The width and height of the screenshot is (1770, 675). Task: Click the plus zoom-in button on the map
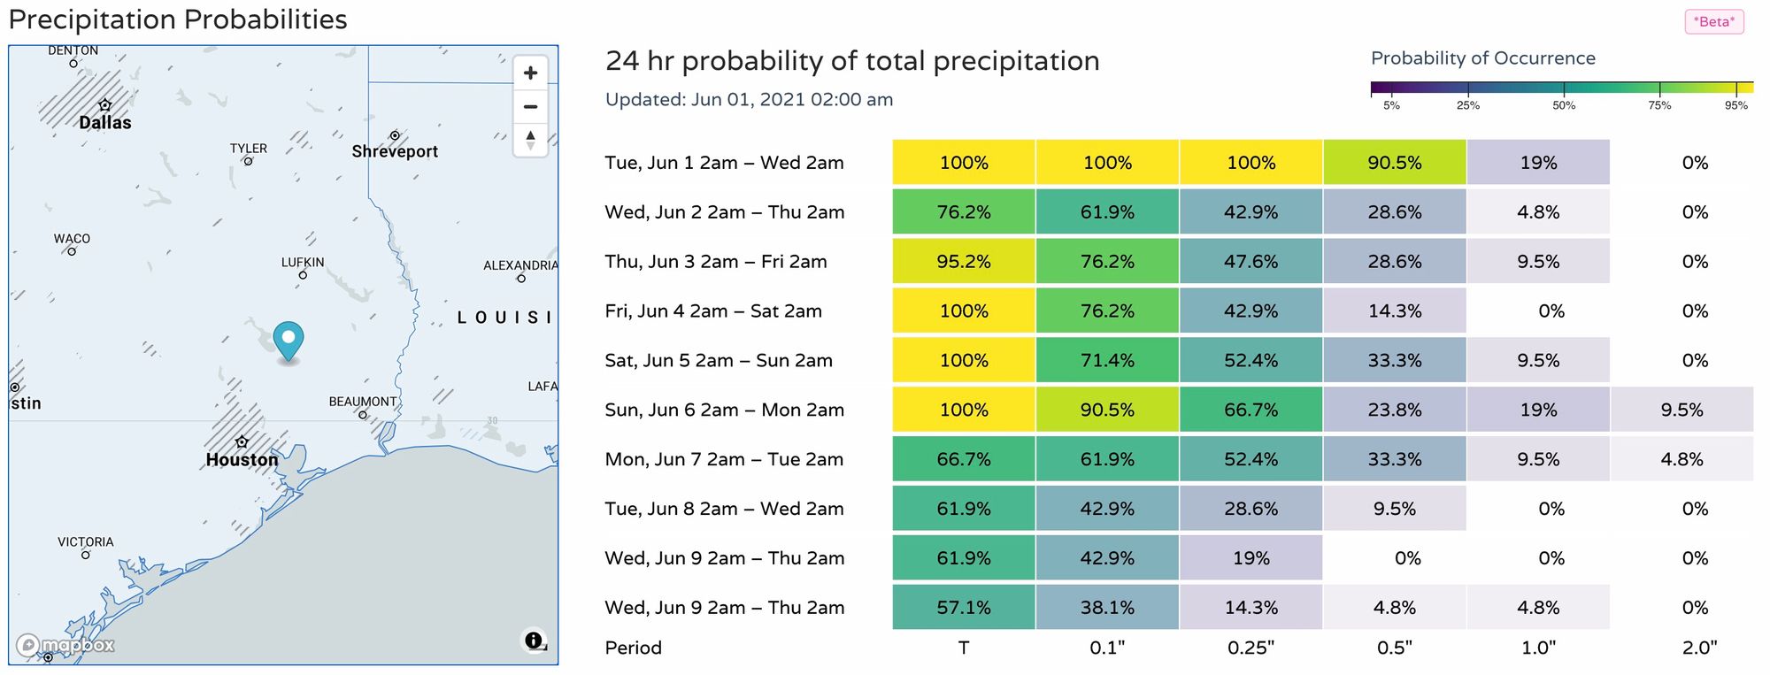point(530,73)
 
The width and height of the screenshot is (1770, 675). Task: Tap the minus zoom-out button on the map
point(530,107)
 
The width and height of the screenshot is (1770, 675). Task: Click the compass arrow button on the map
point(530,140)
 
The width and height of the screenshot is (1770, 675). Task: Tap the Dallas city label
point(105,123)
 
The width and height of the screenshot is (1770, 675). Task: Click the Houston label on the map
point(242,460)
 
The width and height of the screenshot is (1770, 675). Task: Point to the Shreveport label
point(395,151)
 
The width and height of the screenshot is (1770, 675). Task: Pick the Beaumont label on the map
point(363,402)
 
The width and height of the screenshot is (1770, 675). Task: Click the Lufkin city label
point(303,263)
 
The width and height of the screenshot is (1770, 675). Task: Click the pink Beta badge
point(1714,22)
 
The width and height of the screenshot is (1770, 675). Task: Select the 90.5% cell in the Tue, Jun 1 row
point(1395,163)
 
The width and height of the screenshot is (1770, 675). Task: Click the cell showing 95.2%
point(964,262)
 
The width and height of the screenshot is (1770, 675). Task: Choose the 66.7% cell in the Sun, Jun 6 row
point(1251,410)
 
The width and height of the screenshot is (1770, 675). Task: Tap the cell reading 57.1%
point(964,608)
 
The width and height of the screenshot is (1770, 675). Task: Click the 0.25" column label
point(1251,648)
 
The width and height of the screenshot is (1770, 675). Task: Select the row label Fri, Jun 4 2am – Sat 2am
point(713,311)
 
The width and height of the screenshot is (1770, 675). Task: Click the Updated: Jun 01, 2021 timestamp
point(749,100)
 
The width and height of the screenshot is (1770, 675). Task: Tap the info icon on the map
point(533,640)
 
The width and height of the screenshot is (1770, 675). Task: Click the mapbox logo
point(65,646)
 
